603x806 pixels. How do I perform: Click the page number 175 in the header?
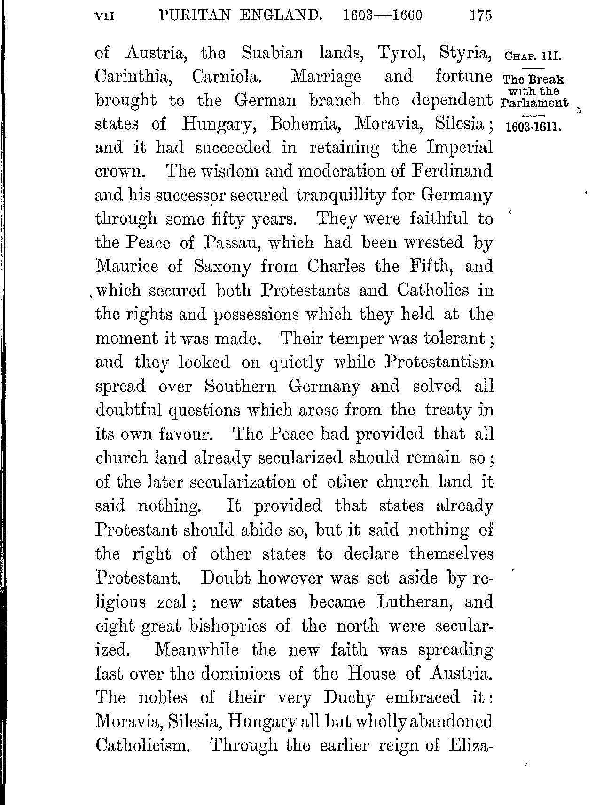click(480, 16)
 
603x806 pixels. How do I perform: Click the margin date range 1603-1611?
click(532, 128)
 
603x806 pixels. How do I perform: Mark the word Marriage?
click(326, 77)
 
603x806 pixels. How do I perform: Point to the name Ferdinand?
click(453, 171)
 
